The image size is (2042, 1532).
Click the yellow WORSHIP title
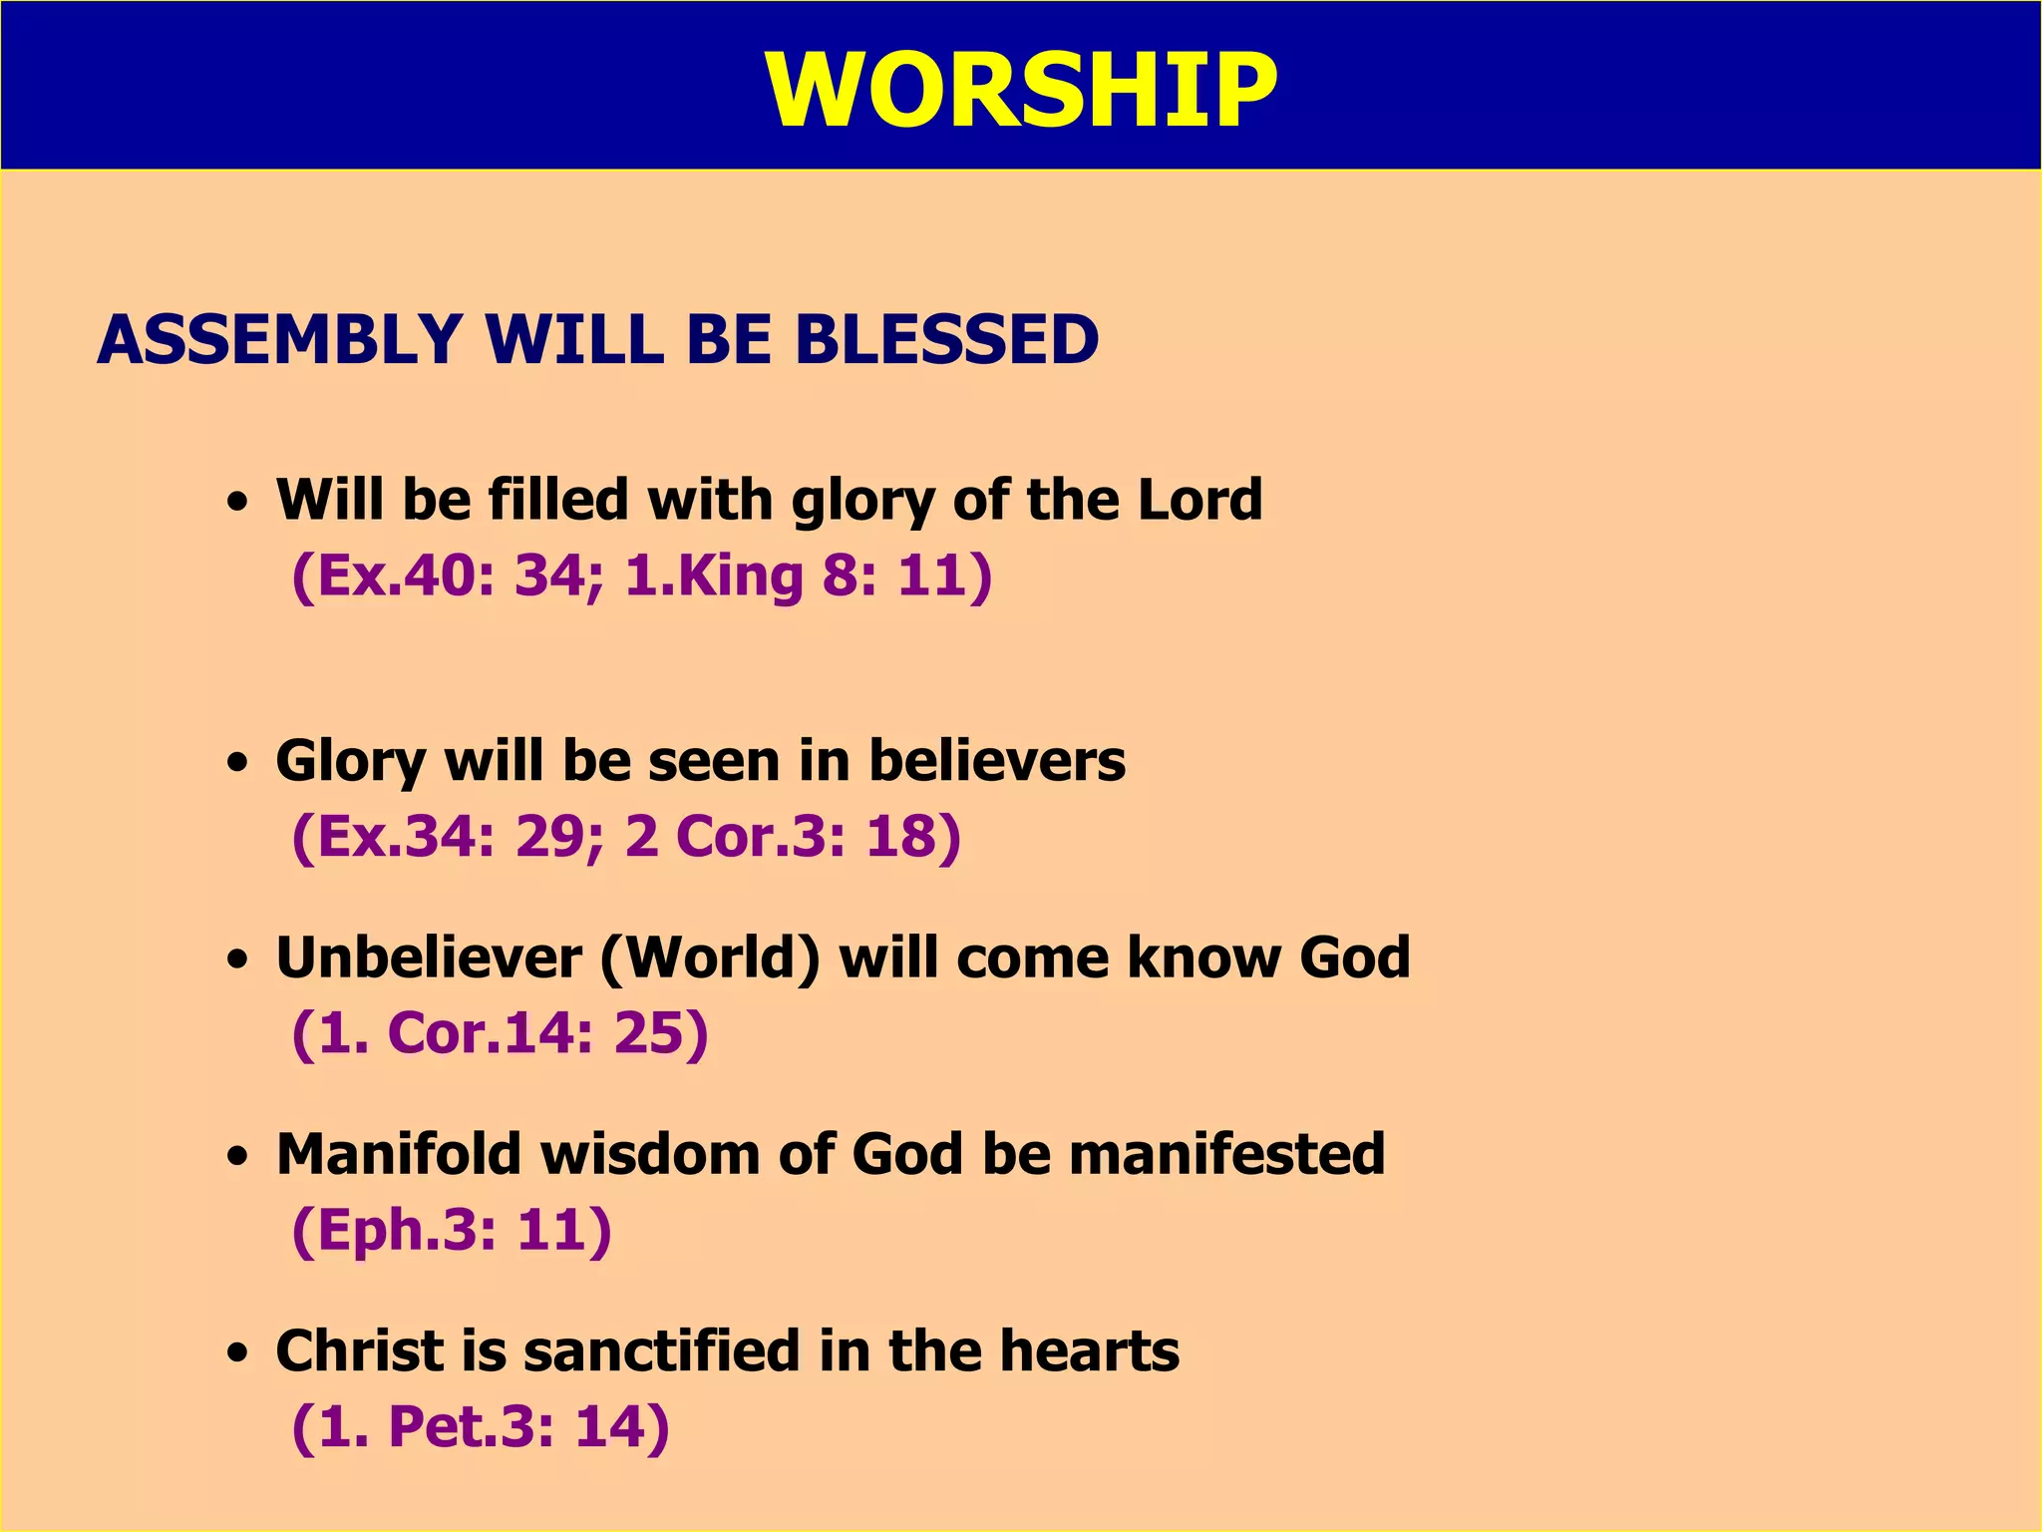pyautogui.click(x=1021, y=90)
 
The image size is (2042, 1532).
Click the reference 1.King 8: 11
pyautogui.click(x=808, y=576)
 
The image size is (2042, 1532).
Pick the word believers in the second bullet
pyautogui.click(x=997, y=761)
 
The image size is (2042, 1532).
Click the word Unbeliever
pyautogui.click(x=429, y=957)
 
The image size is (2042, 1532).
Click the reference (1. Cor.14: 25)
pyautogui.click(x=500, y=1032)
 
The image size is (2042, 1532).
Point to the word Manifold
pyautogui.click(x=399, y=1154)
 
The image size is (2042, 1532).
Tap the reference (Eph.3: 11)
pyautogui.click(x=452, y=1229)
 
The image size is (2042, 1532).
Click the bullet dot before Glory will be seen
pyautogui.click(x=236, y=764)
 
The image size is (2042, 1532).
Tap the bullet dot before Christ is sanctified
pyautogui.click(x=236, y=1353)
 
